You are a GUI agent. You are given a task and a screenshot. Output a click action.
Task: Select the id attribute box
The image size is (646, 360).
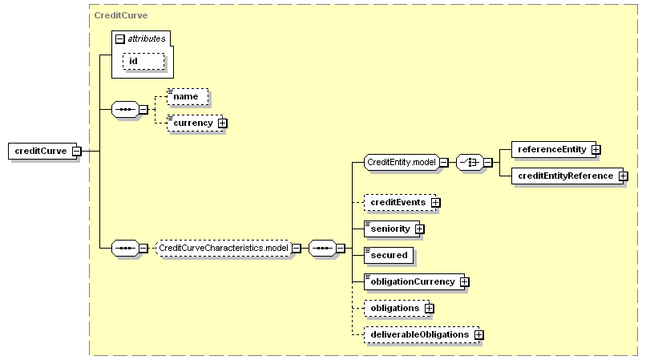(143, 61)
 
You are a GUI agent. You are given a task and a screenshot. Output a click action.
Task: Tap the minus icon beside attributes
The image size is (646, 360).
(120, 38)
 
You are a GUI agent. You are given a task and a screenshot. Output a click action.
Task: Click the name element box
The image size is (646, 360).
(188, 96)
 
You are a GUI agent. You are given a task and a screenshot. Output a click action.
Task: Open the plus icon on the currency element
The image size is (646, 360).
(223, 123)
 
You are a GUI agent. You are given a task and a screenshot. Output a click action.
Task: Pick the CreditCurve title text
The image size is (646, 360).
(121, 15)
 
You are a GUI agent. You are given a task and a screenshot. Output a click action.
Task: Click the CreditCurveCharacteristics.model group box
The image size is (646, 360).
(224, 248)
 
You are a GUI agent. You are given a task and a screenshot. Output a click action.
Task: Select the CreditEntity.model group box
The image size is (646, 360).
(402, 163)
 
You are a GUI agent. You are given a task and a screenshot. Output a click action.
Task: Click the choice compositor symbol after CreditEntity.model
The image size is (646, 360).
(470, 163)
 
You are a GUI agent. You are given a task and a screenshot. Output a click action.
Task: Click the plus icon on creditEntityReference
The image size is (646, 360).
(624, 176)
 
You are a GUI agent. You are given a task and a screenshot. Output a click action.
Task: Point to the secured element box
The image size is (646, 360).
(389, 255)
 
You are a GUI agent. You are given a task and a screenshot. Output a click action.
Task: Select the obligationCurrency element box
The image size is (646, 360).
(414, 281)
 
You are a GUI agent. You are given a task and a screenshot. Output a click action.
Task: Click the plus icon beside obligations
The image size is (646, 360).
(430, 308)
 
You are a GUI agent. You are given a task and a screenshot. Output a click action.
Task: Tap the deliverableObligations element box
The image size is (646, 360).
(422, 334)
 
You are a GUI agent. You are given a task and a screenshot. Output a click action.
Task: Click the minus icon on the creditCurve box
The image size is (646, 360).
(77, 152)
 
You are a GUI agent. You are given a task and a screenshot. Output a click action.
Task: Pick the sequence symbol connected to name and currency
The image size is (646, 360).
(125, 110)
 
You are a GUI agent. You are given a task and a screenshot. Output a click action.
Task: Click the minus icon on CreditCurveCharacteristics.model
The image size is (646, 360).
(297, 249)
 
